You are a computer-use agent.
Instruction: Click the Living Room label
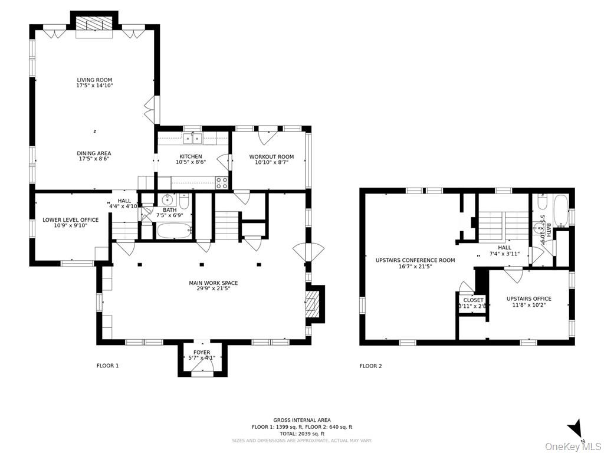pyautogui.click(x=94, y=83)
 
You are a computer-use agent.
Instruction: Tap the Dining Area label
pyautogui.click(x=94, y=156)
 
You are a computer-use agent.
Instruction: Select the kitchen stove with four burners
pyautogui.click(x=222, y=183)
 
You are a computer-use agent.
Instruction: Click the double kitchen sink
pyautogui.click(x=192, y=139)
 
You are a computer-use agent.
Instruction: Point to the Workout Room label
pyautogui.click(x=271, y=160)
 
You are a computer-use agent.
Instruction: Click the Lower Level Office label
pyautogui.click(x=71, y=222)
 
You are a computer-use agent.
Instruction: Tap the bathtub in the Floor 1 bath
pyautogui.click(x=173, y=231)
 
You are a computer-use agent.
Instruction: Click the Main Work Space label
pyautogui.click(x=214, y=286)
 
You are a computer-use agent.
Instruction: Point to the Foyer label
pyautogui.click(x=202, y=355)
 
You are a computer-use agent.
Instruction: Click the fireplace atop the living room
pyautogui.click(x=94, y=24)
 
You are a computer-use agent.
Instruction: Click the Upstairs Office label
pyautogui.click(x=529, y=302)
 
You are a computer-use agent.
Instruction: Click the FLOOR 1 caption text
pyautogui.click(x=108, y=366)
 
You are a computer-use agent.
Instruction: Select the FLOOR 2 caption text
pyautogui.click(x=371, y=366)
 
